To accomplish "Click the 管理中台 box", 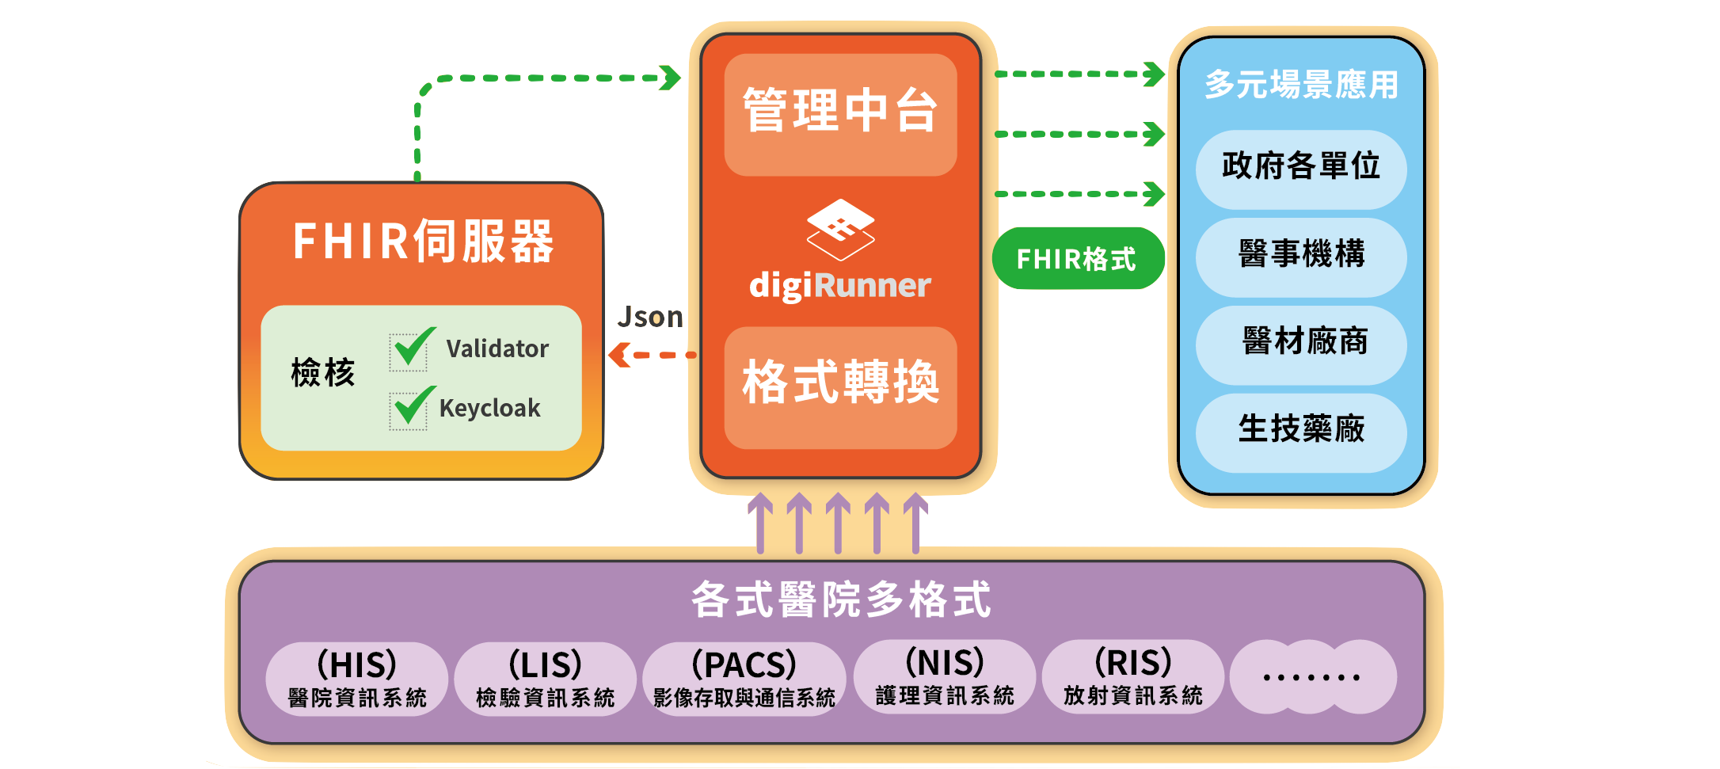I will (x=840, y=114).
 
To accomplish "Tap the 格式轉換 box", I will (x=840, y=387).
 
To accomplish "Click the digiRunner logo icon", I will (x=840, y=229).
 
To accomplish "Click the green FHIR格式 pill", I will (x=1078, y=259).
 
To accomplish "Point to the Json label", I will (x=650, y=318).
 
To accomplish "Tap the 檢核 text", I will (x=323, y=372).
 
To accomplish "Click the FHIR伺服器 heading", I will (x=423, y=242).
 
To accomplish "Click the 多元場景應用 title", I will (x=1301, y=85).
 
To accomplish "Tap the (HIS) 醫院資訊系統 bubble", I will (x=357, y=679).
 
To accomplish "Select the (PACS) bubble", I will (x=744, y=679).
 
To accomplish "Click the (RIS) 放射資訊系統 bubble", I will (x=1132, y=677).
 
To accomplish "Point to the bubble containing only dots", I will (x=1311, y=677).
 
